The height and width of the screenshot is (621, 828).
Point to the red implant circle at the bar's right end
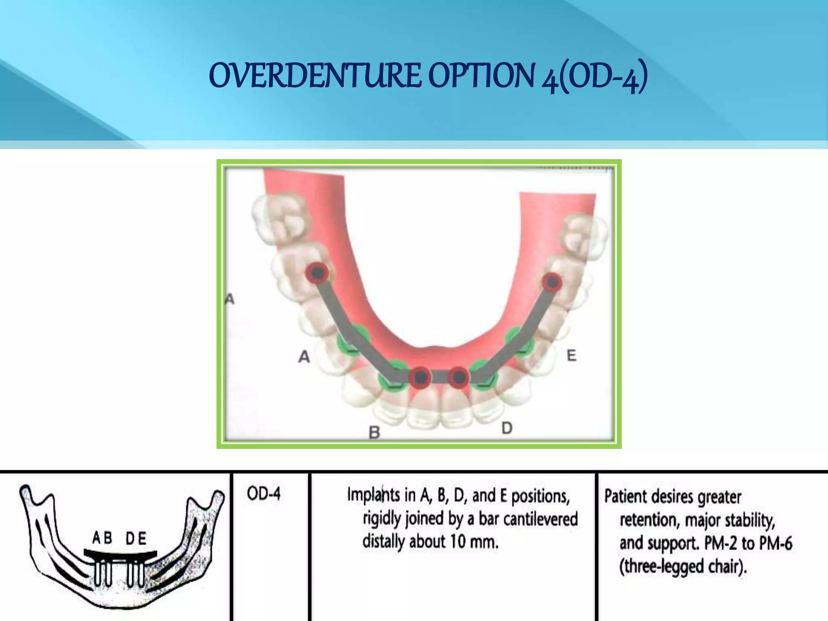pyautogui.click(x=551, y=282)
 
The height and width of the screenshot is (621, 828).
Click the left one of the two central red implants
pyautogui.click(x=420, y=377)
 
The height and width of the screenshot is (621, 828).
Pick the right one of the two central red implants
pyautogui.click(x=458, y=378)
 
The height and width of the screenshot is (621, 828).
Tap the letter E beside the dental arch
pyautogui.click(x=571, y=355)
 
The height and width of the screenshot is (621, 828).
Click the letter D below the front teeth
pyautogui.click(x=507, y=428)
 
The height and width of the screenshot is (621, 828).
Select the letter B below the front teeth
pyautogui.click(x=374, y=432)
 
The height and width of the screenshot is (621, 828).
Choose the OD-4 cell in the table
pyautogui.click(x=264, y=494)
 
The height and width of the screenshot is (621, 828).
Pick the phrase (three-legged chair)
pyautogui.click(x=683, y=566)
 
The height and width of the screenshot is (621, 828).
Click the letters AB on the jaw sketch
pyautogui.click(x=103, y=538)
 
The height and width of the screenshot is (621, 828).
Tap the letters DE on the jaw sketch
pyautogui.click(x=136, y=538)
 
